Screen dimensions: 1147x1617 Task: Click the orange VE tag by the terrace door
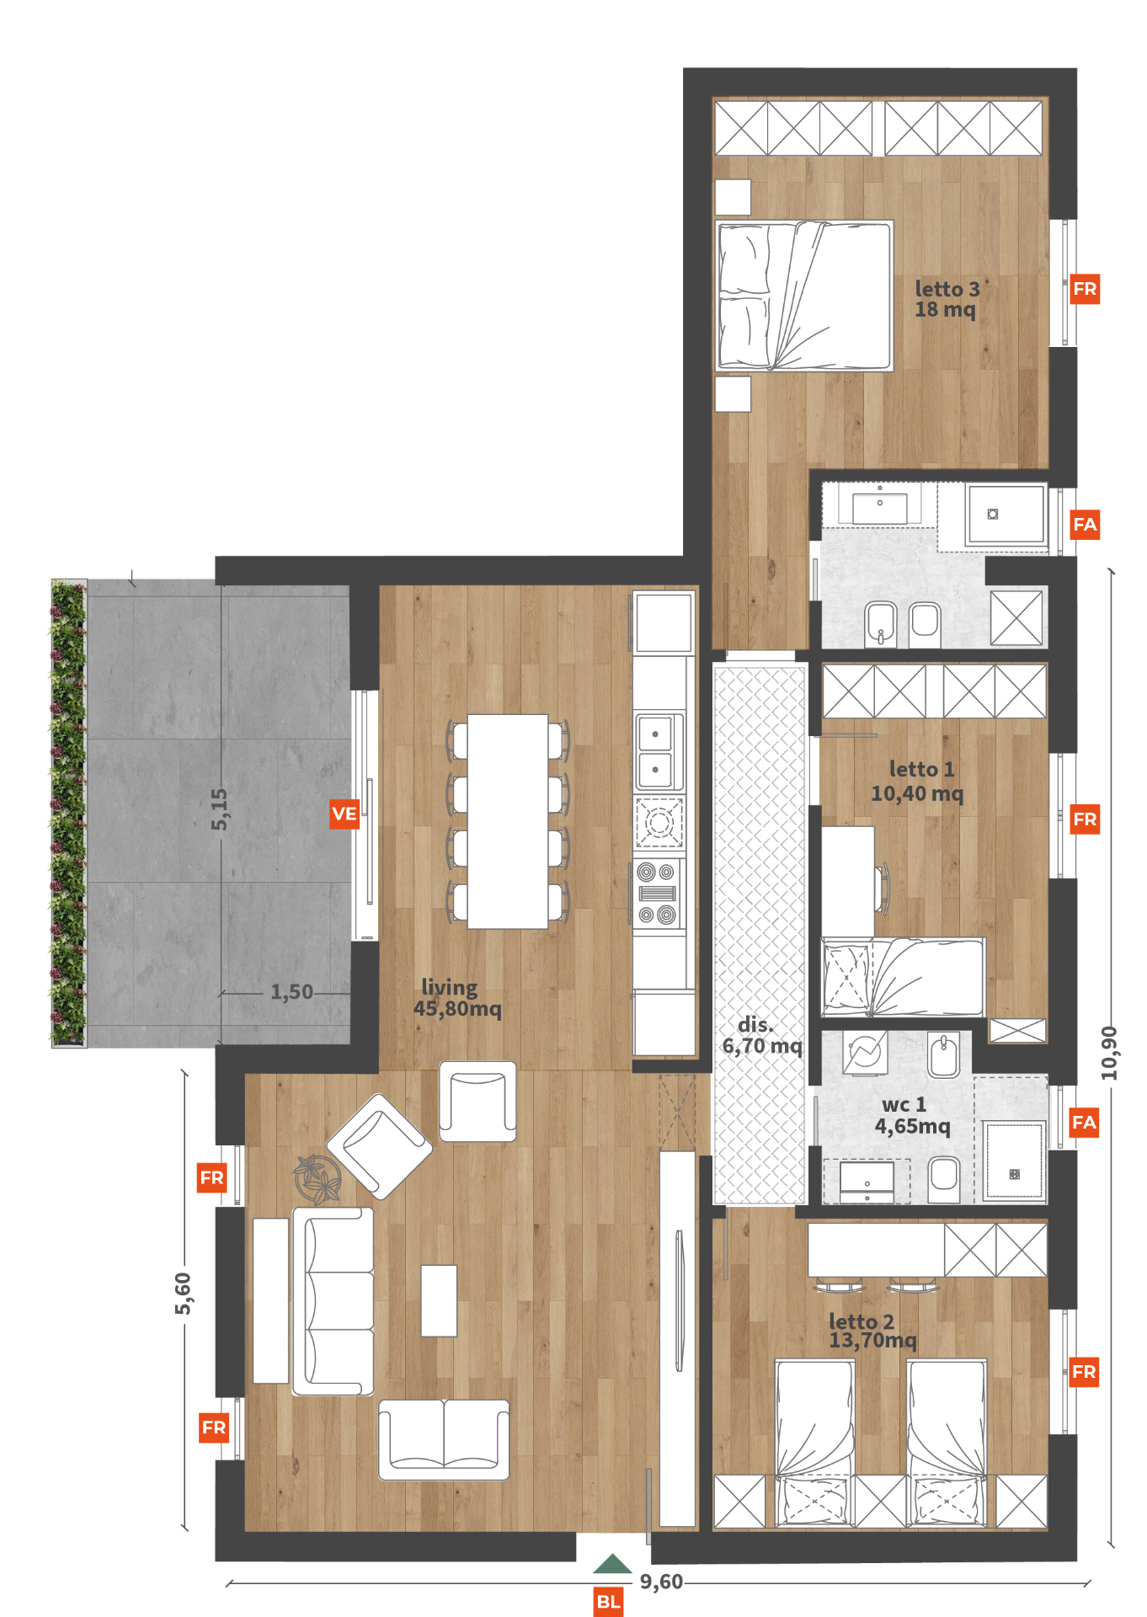344,814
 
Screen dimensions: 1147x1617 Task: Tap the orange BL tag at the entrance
608,1602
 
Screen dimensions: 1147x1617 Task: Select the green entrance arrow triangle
612,1564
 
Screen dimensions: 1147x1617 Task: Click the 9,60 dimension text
661,1582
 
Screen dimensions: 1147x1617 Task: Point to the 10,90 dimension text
1109,1053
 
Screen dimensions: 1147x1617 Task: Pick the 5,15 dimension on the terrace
219,809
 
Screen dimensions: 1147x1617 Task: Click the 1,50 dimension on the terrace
291,992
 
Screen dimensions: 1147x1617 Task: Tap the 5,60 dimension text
183,1294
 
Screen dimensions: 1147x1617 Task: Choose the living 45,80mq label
457,998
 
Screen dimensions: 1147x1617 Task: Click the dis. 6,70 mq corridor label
762,1035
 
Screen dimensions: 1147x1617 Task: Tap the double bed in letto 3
803,296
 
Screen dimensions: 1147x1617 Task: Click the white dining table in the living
508,821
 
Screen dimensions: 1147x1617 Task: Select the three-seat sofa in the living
333,1301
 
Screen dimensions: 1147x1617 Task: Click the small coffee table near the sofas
439,1300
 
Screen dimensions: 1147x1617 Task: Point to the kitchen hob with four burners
658,894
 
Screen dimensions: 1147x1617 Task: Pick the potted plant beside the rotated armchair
317,1177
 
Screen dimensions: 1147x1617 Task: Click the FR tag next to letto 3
1085,289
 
